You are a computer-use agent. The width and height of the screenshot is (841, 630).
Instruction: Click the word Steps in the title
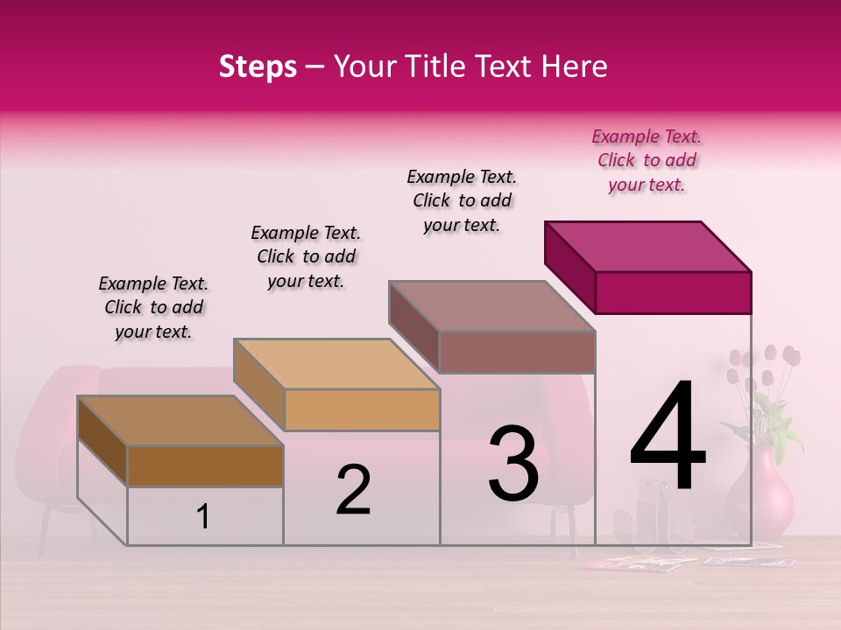pyautogui.click(x=258, y=66)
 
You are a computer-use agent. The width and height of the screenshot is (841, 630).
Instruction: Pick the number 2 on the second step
pyautogui.click(x=353, y=490)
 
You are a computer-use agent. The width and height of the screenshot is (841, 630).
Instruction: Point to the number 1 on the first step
pyautogui.click(x=202, y=517)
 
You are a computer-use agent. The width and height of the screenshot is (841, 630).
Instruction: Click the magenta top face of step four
pyautogui.click(x=648, y=246)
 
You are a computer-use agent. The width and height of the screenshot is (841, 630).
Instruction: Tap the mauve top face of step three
pyautogui.click(x=492, y=305)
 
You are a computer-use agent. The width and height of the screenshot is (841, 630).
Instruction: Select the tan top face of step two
pyautogui.click(x=336, y=363)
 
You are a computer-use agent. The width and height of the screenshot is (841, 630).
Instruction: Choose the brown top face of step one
pyautogui.click(x=180, y=421)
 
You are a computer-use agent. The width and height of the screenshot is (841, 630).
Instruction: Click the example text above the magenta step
pyautogui.click(x=647, y=161)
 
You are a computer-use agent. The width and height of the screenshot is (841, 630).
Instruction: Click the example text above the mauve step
pyautogui.click(x=462, y=201)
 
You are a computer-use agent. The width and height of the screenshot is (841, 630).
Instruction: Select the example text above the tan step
pyautogui.click(x=306, y=257)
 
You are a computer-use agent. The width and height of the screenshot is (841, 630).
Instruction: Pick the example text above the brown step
pyautogui.click(x=153, y=308)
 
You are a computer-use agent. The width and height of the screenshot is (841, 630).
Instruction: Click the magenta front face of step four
pyautogui.click(x=673, y=292)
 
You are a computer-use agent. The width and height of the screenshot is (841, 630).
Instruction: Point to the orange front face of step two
pyautogui.click(x=362, y=409)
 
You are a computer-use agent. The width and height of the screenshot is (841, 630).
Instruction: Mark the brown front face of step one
pyautogui.click(x=205, y=465)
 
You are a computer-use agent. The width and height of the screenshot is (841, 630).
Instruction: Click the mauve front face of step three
pyautogui.click(x=517, y=352)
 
